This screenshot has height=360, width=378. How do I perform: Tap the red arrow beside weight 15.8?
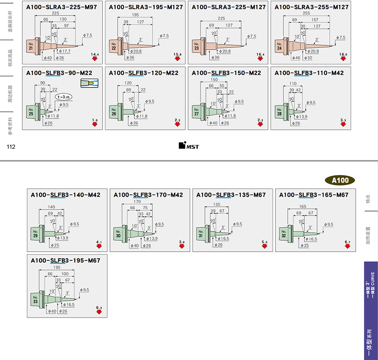click(x=178, y=59)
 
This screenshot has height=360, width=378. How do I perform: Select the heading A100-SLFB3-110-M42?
click(x=309, y=73)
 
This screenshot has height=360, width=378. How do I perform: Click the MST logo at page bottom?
click(x=189, y=146)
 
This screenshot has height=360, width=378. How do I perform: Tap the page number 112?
click(x=10, y=147)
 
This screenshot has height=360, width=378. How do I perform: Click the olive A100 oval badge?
click(x=340, y=180)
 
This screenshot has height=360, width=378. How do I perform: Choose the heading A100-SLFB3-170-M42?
click(x=148, y=195)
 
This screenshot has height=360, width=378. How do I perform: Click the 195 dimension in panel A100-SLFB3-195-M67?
click(x=57, y=268)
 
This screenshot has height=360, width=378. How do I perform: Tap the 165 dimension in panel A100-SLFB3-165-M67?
click(x=302, y=207)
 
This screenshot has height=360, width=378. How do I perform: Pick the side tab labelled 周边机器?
click(x=10, y=94)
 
